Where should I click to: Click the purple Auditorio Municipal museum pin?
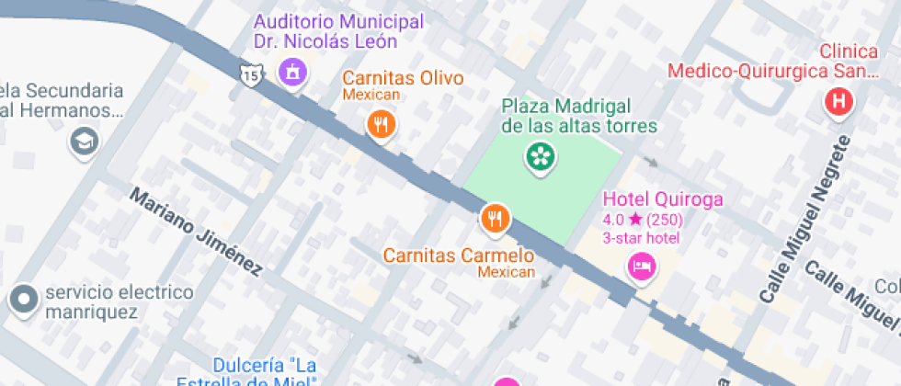(x=292, y=70)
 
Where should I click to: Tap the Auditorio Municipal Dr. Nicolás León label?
(x=339, y=31)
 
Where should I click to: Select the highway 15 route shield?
(x=250, y=73)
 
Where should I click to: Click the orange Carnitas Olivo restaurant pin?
(x=381, y=123)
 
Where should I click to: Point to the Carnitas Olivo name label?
(x=403, y=78)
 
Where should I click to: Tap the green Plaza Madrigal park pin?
(x=540, y=156)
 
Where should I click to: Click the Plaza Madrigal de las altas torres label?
(x=579, y=116)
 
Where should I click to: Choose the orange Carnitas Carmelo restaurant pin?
(x=496, y=218)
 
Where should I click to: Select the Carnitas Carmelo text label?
(x=459, y=255)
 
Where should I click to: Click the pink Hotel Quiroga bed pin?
(x=640, y=267)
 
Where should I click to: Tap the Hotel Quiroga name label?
(x=662, y=199)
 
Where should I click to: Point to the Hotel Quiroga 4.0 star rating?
(x=642, y=220)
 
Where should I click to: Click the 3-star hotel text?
(x=641, y=238)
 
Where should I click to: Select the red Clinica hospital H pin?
(x=838, y=102)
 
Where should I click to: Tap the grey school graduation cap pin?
(x=84, y=142)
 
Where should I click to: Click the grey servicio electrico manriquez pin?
(x=22, y=298)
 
